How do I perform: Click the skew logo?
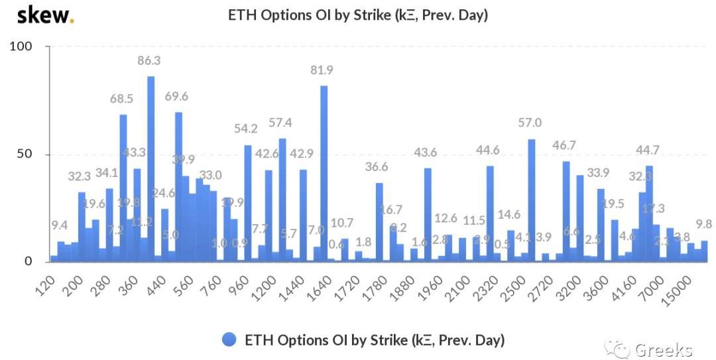pos(44,15)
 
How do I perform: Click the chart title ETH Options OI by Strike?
pos(358,15)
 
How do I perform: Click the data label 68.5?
pos(123,99)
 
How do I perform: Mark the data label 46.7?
pos(566,145)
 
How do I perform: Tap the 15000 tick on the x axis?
pos(682,289)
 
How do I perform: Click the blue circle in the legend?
pos(229,340)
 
